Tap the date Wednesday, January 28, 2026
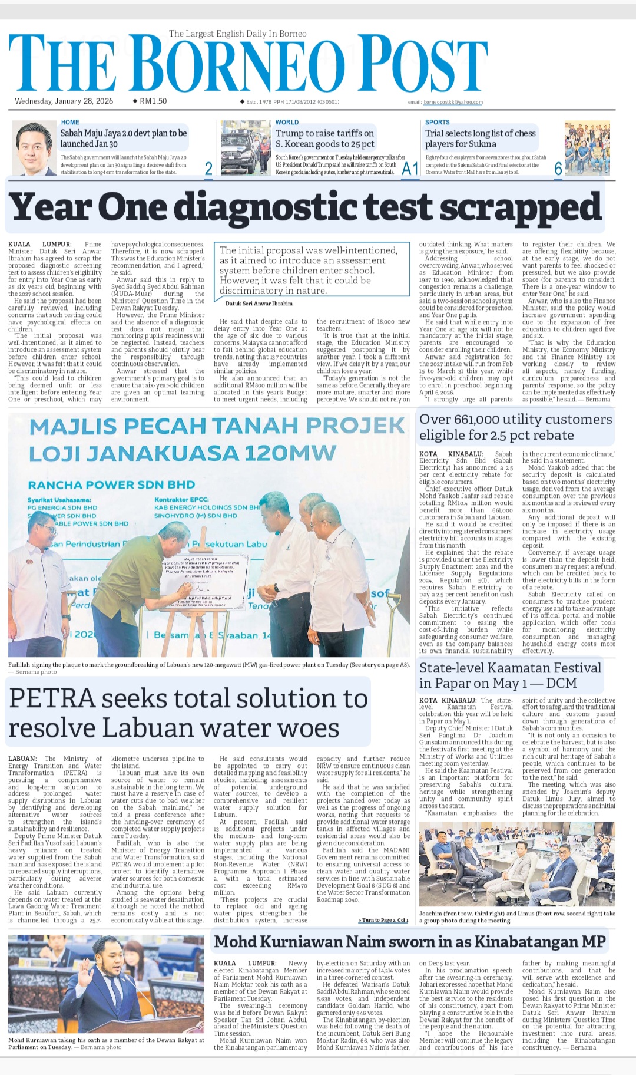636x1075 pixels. pos(64,101)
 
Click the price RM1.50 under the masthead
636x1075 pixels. pos(153,101)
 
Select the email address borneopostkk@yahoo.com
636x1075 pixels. pos(453,102)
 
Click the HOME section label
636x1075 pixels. pos(70,123)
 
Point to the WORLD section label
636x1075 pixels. pos(287,123)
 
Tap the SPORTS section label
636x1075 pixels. pos(438,123)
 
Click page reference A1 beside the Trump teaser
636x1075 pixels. pos(409,169)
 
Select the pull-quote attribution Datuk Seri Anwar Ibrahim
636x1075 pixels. pos(259,304)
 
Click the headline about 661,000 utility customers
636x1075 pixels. pos(515,427)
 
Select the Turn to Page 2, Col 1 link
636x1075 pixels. pos(383,920)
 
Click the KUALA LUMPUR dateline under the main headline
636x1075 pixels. pos(39,245)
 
